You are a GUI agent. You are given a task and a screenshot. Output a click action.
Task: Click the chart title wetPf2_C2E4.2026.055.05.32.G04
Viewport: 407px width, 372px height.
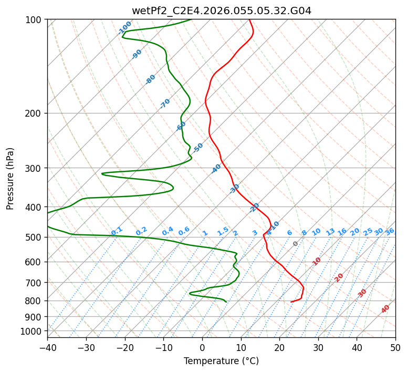(x=221, y=11)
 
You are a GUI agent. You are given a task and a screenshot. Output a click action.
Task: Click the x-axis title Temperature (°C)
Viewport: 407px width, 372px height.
(x=221, y=361)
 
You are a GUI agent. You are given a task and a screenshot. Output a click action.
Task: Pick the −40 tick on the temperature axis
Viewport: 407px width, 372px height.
(x=47, y=348)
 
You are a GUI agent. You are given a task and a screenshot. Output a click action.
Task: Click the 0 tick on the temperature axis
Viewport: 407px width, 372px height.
(x=202, y=348)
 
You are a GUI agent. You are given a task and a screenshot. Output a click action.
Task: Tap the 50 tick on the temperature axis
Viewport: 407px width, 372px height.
(x=395, y=348)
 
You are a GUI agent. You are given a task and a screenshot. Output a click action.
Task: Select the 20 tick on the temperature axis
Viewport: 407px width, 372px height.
(x=279, y=348)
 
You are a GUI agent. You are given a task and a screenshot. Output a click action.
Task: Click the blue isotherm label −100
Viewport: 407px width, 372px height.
(x=124, y=28)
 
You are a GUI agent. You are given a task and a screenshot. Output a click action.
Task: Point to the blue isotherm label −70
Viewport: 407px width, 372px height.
(x=165, y=104)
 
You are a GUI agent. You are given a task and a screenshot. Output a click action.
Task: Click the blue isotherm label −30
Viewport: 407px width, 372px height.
(x=234, y=189)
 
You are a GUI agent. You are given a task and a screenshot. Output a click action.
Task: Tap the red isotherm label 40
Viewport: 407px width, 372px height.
(x=385, y=309)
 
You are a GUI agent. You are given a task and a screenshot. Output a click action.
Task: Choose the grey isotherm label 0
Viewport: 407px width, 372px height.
(x=295, y=244)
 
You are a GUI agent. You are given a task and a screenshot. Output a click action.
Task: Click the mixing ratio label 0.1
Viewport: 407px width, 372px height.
(x=117, y=231)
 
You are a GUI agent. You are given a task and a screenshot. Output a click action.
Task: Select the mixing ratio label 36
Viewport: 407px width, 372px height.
(x=390, y=231)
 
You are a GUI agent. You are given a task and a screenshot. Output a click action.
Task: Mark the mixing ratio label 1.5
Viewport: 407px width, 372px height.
(x=223, y=231)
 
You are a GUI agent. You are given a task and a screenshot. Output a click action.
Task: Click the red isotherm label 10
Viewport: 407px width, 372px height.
(x=317, y=261)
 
